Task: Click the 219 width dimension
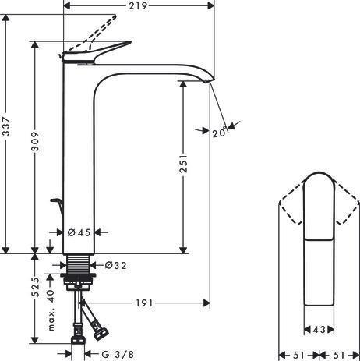(x=139, y=5)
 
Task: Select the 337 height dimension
(x=6, y=126)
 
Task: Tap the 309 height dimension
(x=35, y=142)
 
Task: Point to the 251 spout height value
(x=183, y=164)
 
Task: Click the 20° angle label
(x=220, y=133)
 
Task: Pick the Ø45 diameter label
(x=79, y=232)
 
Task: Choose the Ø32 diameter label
(x=116, y=265)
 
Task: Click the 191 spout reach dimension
(x=144, y=303)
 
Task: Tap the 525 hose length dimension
(x=35, y=287)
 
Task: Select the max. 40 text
(x=51, y=310)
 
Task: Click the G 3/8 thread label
(x=118, y=354)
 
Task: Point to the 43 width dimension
(x=319, y=330)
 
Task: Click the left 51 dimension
(x=298, y=355)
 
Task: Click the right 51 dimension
(x=339, y=355)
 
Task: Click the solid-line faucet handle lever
(x=97, y=53)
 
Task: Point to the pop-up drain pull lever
(x=57, y=207)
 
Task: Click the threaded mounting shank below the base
(x=79, y=264)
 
